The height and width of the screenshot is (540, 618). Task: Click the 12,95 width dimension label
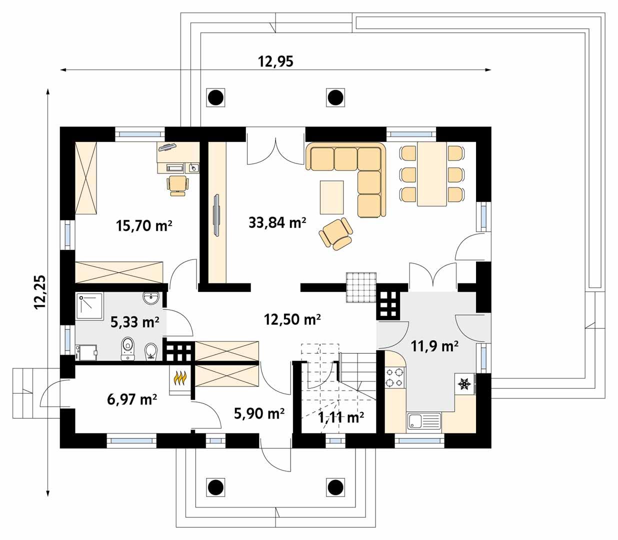[x=275, y=61]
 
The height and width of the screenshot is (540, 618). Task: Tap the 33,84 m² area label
[x=277, y=222]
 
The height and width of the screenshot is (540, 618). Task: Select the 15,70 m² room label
[x=144, y=226]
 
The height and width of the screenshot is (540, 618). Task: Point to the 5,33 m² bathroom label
[x=134, y=322]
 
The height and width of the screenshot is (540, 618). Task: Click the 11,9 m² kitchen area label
[x=434, y=345]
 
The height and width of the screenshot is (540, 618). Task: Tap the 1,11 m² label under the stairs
[x=341, y=417]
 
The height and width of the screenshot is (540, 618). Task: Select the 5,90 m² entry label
[x=259, y=413]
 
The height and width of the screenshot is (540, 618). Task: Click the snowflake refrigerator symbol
[x=464, y=384]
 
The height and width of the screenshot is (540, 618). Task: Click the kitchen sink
[x=423, y=421]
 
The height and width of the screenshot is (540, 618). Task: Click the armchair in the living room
[x=336, y=233]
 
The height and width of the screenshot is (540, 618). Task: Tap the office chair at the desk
[x=178, y=184]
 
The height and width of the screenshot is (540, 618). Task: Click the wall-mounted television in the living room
[x=216, y=214]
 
